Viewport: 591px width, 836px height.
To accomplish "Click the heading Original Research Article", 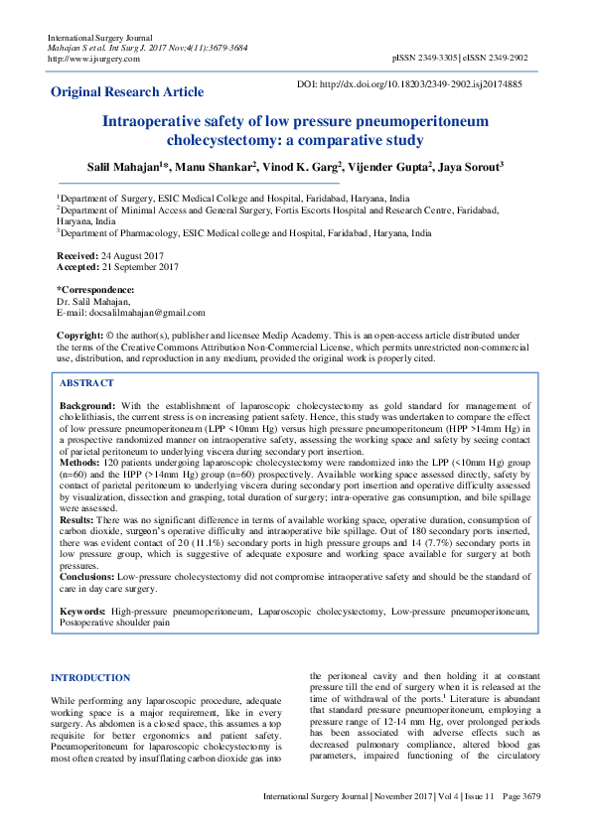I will point(127,92).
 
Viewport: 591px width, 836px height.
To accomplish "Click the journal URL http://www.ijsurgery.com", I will point(88,59).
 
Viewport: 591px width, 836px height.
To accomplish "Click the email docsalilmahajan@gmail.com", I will point(146,312).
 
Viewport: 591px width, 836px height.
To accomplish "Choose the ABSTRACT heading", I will point(86,382).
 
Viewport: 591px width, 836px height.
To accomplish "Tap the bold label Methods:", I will point(81,463).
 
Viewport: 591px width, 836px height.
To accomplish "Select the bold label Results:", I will point(78,519).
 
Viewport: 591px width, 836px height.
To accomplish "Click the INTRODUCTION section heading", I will point(89,679).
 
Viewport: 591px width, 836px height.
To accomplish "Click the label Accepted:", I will point(78,267).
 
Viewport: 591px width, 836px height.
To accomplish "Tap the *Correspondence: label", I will point(95,290).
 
